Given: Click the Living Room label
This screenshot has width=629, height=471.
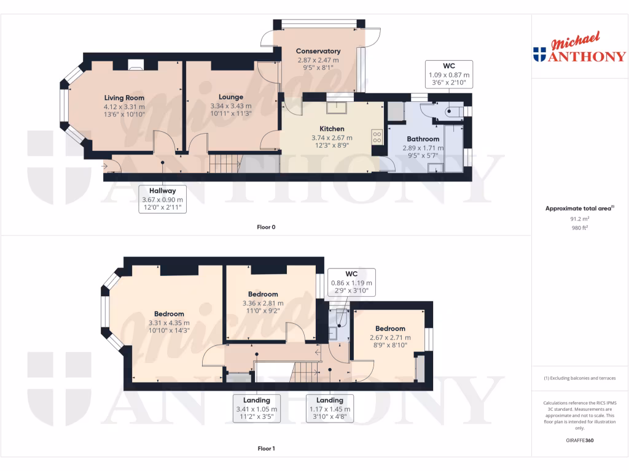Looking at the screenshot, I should coord(124,98).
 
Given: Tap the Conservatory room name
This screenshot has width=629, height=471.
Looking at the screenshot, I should coord(318,51).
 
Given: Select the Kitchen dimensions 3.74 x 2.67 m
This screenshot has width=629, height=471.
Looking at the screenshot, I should coord(332,138).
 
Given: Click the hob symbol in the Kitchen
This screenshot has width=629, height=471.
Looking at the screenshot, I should coord(377,137).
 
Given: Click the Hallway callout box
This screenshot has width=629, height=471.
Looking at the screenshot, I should coord(162,199).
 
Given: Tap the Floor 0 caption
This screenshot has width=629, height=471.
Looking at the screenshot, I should coord(266,228).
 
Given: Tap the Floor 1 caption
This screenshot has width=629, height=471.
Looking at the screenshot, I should coord(266,449).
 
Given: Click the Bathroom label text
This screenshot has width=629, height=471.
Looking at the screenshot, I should coord(421,139).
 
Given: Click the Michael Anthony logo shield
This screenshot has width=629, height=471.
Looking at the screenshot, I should coord(540,55).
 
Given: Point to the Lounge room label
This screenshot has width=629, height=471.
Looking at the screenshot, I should coord(231,97).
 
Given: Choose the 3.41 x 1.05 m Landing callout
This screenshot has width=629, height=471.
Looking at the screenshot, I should coord(256,408).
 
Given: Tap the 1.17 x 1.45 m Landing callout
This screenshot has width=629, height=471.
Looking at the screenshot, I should coord(330,408).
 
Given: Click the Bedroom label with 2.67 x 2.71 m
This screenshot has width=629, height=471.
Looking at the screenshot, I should coord(390,329).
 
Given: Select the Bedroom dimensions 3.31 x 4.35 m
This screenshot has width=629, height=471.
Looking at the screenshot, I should coord(169,323).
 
